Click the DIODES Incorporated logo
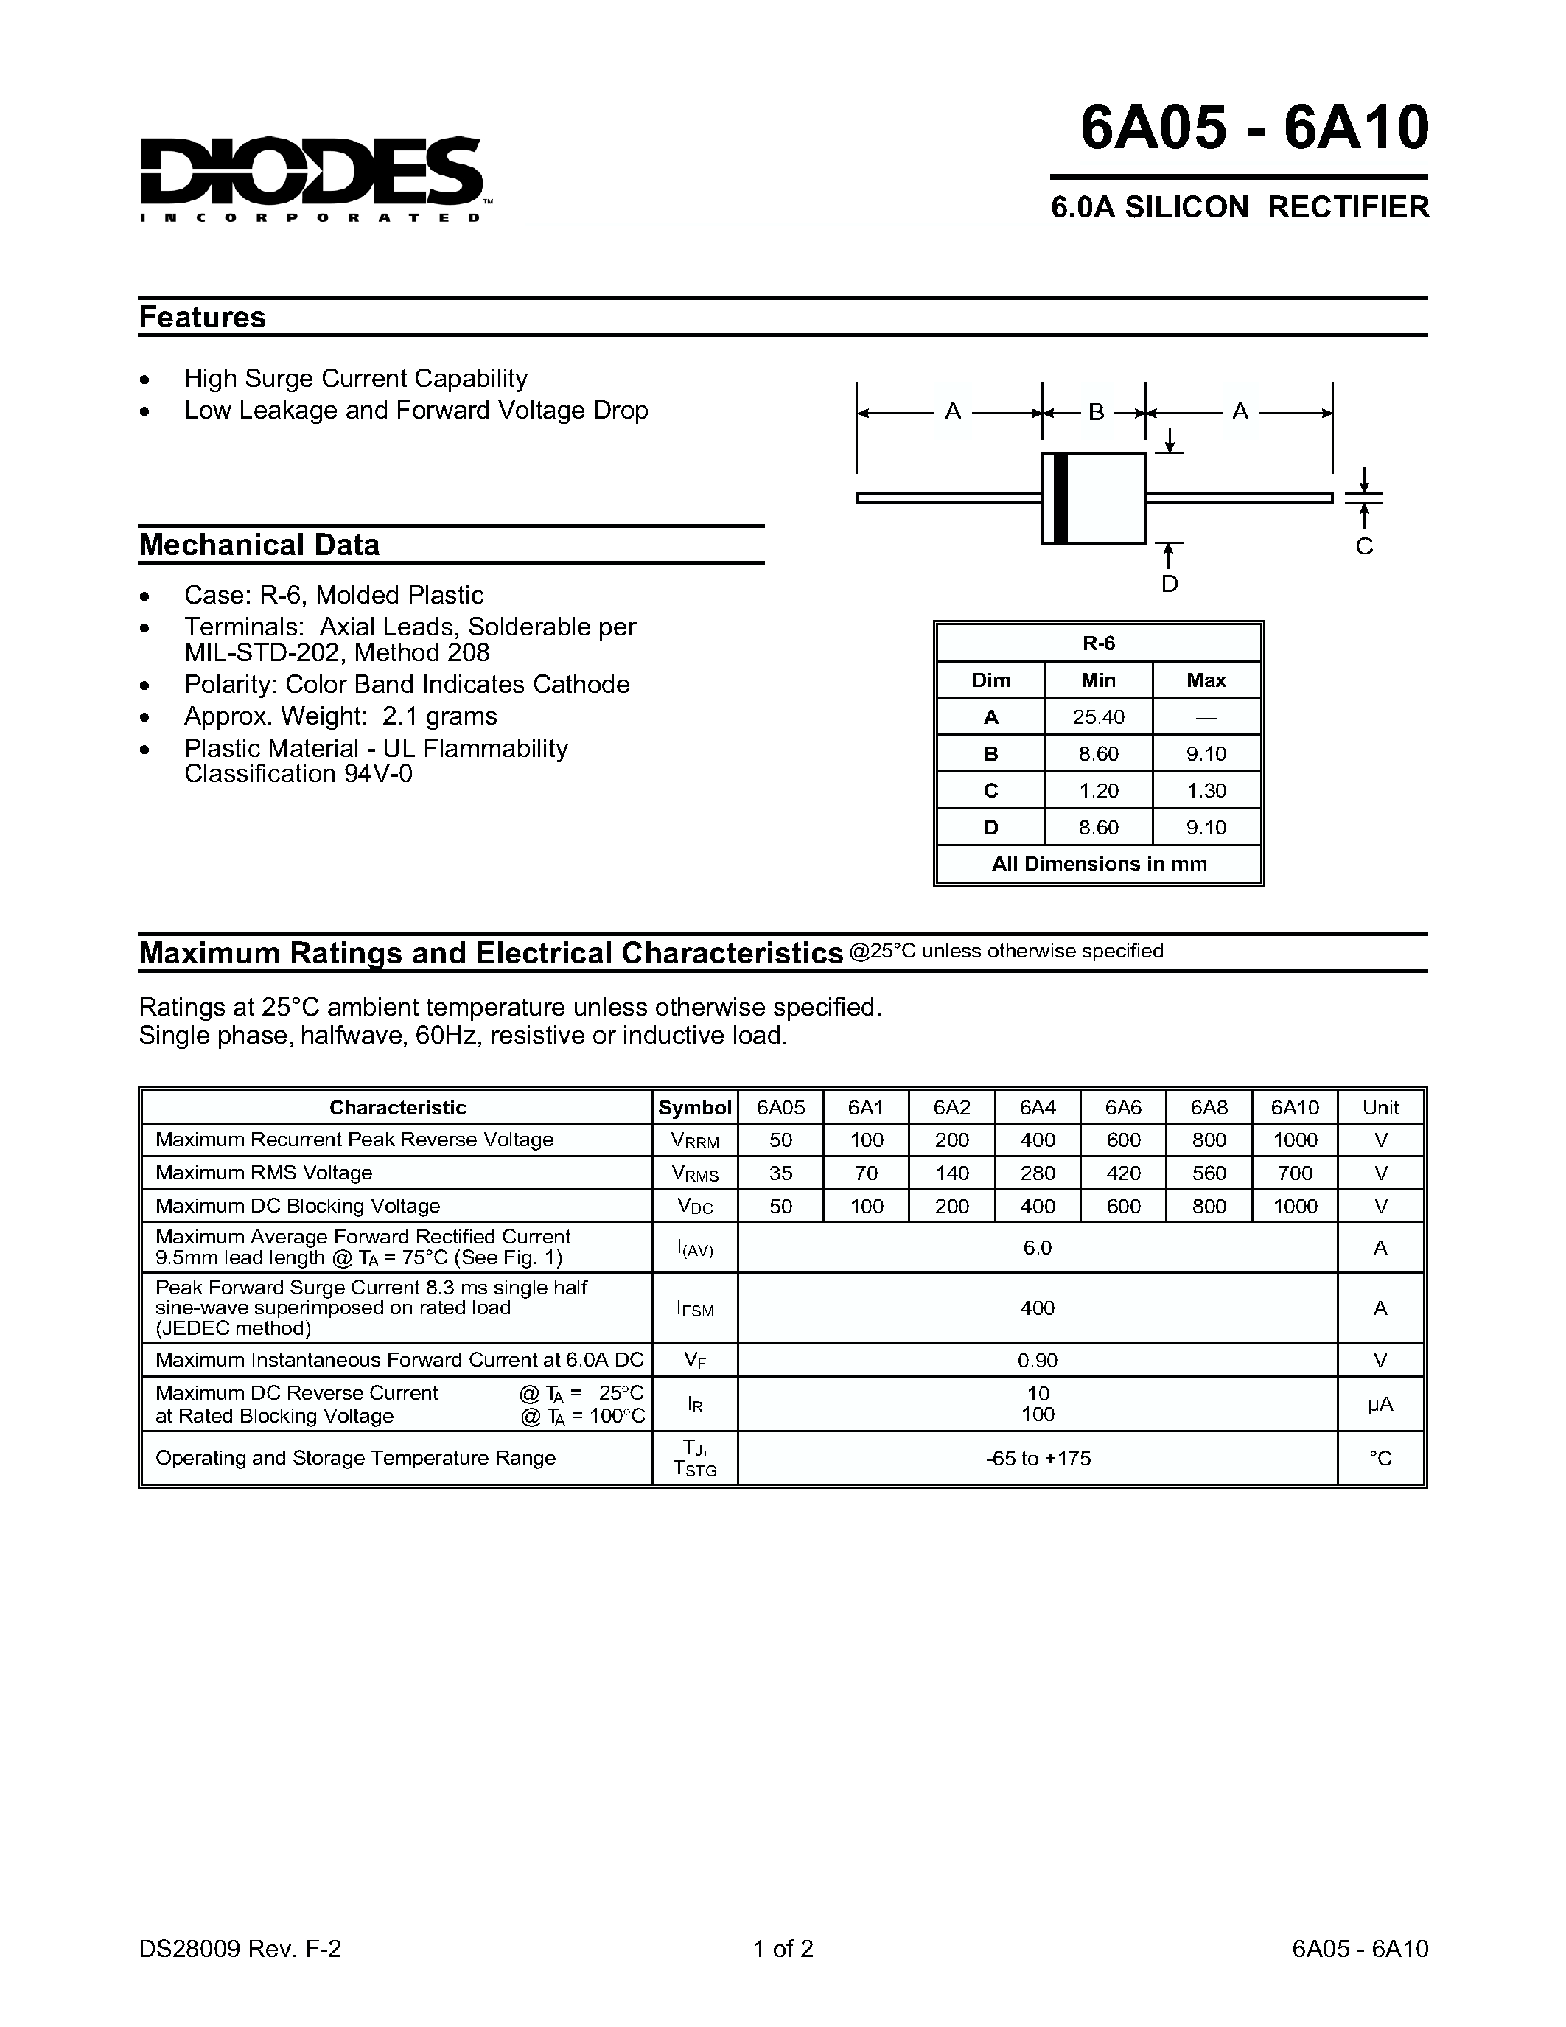311,179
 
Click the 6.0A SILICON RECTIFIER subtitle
1240,207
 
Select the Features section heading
202,318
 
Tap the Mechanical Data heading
259,545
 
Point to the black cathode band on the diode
1061,498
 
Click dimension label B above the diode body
1096,412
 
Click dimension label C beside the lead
1364,547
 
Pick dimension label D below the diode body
1170,584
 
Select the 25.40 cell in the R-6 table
1099,717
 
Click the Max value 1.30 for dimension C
1206,791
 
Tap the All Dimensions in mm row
1099,864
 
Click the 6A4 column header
1037,1107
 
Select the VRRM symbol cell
695,1141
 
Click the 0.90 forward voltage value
1037,1361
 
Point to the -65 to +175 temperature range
1037,1458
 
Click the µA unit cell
1380,1405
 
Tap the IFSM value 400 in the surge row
1037,1308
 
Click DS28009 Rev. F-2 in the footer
240,1947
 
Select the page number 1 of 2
783,1947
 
